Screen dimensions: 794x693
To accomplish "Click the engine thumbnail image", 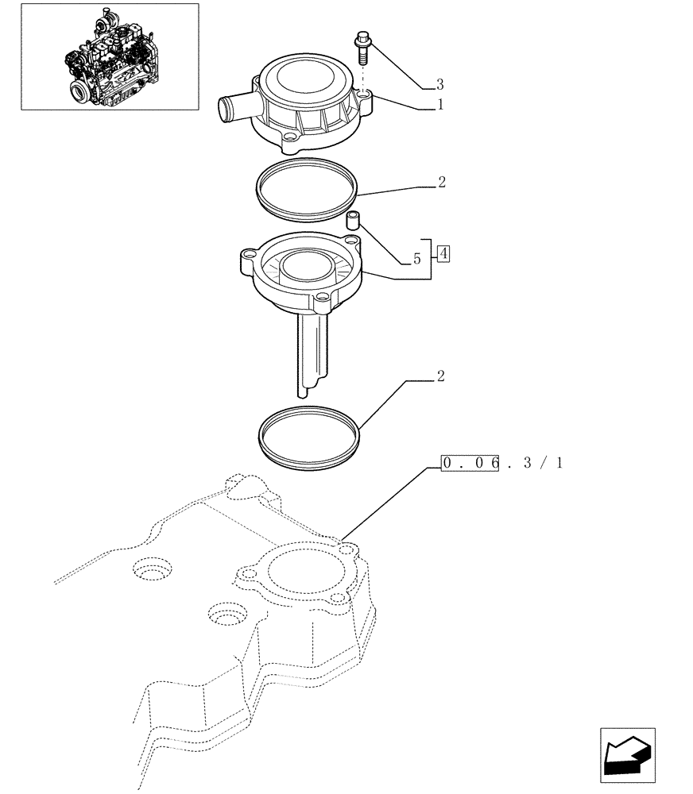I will point(110,56).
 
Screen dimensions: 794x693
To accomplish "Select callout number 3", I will point(439,84).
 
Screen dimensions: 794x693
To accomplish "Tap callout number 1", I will point(439,105).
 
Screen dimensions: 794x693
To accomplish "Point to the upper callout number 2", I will point(441,183).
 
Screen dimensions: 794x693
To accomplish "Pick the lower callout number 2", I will point(440,376).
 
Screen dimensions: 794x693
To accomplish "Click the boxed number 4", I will point(443,254).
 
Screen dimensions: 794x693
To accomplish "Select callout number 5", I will point(416,259).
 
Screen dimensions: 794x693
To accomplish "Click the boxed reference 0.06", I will point(470,463).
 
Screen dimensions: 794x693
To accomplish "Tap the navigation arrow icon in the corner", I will point(628,754).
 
